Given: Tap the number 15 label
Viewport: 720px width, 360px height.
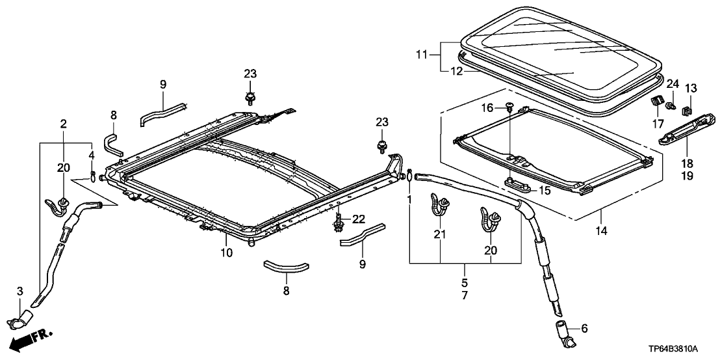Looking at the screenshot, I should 544,191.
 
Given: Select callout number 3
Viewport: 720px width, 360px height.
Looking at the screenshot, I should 19,290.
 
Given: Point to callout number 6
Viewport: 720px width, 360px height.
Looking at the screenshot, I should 584,329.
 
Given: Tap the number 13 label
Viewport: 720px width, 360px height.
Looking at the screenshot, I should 690,88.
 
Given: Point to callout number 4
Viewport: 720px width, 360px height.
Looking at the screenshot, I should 92,156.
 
